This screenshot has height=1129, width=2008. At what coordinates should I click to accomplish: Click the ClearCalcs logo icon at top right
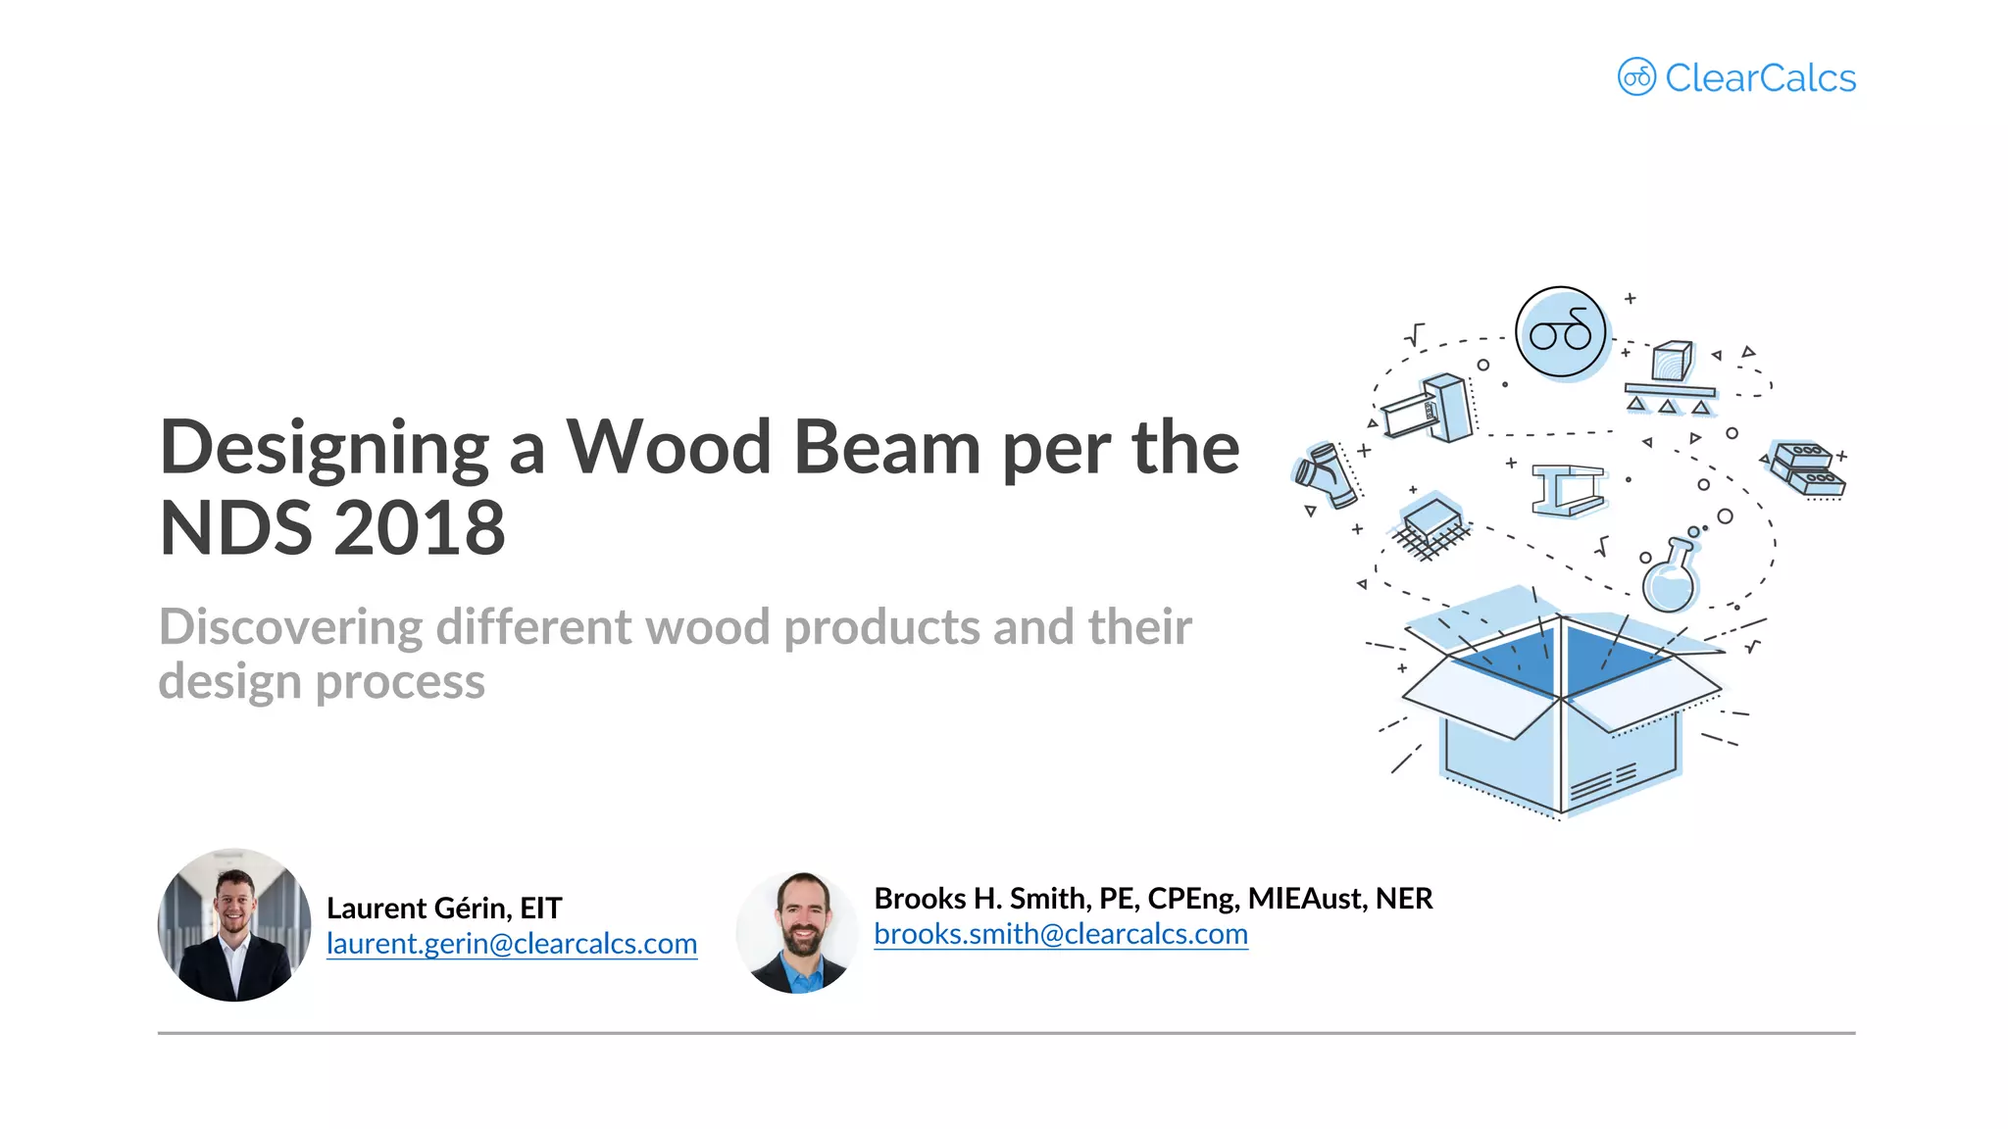(1635, 76)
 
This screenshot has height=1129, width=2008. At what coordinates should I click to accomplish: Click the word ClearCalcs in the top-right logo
(1760, 78)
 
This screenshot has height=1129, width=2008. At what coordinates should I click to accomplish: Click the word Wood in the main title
(669, 448)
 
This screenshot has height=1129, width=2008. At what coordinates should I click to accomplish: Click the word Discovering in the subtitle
(290, 627)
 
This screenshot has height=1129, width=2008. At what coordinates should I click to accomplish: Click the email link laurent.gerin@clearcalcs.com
(511, 944)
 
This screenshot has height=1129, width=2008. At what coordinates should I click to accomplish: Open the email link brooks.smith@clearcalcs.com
(1060, 934)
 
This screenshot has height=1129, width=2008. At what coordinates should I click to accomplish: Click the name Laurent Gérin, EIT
(444, 908)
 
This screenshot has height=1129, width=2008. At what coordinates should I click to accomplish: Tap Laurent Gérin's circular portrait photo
(234, 925)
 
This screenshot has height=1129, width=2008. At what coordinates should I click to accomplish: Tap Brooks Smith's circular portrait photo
(797, 932)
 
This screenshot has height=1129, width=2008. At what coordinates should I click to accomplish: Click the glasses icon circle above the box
(1560, 332)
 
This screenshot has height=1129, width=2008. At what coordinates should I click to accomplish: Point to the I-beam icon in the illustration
(1568, 489)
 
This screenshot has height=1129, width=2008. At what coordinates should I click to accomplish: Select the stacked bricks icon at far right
(1808, 468)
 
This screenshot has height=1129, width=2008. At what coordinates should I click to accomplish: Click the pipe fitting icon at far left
(1327, 476)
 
